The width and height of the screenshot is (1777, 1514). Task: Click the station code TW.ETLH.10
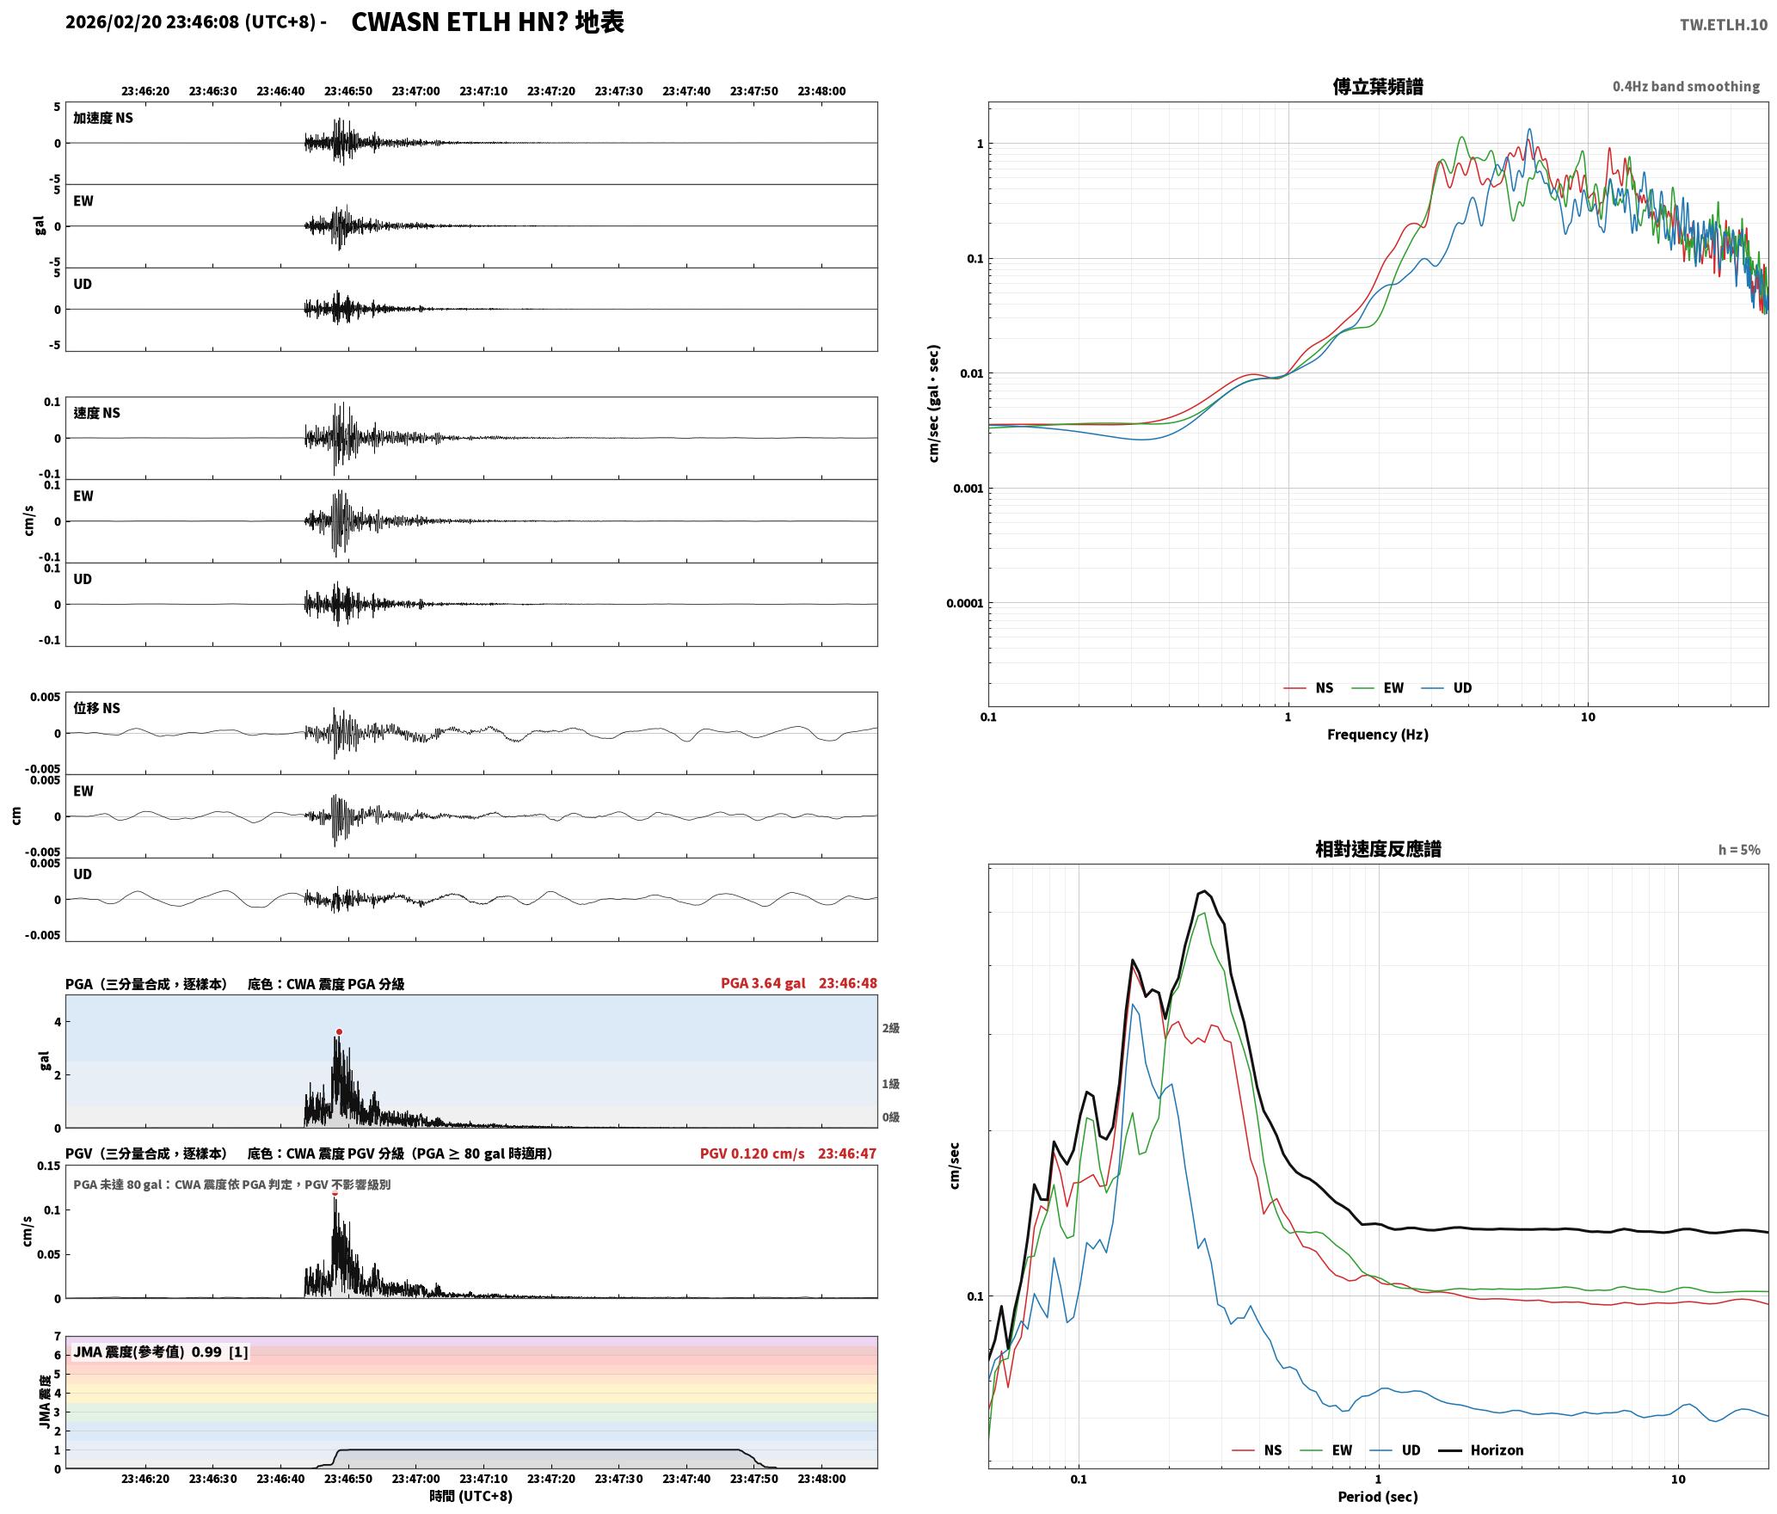1723,25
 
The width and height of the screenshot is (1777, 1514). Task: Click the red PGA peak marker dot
339,1031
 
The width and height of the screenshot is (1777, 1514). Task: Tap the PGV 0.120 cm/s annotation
753,1154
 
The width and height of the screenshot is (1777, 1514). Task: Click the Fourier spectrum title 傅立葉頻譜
1378,86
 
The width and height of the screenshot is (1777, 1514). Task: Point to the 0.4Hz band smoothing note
1686,87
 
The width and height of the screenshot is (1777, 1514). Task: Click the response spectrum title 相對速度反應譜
1378,849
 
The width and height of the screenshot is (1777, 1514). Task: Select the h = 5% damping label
1739,850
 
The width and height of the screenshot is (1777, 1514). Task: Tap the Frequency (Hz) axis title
1377,735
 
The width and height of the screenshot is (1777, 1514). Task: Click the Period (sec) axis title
1377,1498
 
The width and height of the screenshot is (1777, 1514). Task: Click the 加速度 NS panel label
103,118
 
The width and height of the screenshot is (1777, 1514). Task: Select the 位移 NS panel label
96,708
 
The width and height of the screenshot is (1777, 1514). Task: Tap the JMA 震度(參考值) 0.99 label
147,1352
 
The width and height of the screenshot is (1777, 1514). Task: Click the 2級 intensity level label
890,1028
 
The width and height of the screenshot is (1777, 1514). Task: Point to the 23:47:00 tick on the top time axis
415,91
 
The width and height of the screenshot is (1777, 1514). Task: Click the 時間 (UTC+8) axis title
471,1496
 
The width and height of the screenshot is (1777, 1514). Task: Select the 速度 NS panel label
96,413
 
